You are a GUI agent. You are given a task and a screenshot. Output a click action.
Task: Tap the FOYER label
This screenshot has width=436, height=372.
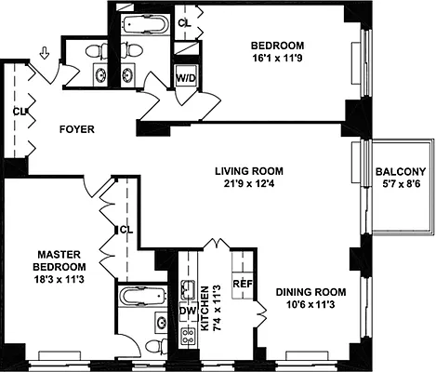(76, 129)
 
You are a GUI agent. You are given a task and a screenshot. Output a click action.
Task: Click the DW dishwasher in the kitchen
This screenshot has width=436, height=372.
(186, 310)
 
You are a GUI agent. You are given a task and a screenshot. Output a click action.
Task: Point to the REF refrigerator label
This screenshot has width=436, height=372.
(243, 283)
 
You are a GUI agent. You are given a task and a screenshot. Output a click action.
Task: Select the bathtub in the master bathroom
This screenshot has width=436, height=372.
(140, 299)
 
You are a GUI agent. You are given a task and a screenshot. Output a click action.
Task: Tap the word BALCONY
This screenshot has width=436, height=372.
(401, 172)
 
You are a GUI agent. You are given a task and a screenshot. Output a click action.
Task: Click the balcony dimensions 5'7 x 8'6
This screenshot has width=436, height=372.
(401, 185)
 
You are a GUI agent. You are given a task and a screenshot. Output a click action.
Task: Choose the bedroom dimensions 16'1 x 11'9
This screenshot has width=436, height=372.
(278, 58)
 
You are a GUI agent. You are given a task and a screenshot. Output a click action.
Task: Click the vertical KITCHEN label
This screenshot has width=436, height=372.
(205, 310)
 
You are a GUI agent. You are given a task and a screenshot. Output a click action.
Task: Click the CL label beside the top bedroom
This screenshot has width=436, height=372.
(184, 21)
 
